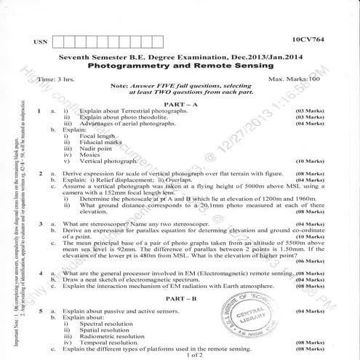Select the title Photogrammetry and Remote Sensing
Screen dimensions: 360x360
(180, 65)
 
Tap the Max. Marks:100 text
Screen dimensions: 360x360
(296, 78)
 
